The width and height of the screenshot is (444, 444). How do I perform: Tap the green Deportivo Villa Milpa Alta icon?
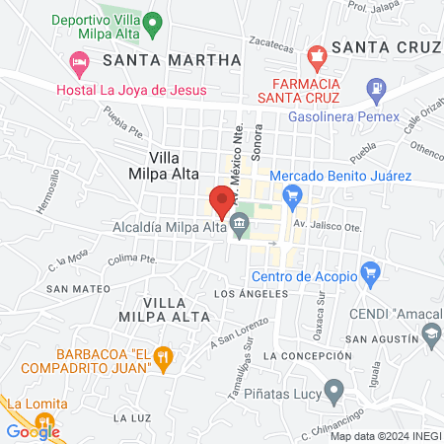[x=151, y=22]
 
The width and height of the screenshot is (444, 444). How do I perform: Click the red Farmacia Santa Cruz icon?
[x=316, y=55]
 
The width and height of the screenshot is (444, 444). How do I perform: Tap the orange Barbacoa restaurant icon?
[x=166, y=354]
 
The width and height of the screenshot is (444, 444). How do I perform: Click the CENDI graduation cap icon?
[x=432, y=337]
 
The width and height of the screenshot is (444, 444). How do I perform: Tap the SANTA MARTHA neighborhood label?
[x=172, y=60]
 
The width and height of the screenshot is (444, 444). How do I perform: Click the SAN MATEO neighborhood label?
[x=71, y=289]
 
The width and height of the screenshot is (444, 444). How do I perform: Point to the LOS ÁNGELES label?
[x=250, y=294]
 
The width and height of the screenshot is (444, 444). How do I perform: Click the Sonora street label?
[x=259, y=147]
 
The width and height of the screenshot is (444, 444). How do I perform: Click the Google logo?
[x=33, y=430]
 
